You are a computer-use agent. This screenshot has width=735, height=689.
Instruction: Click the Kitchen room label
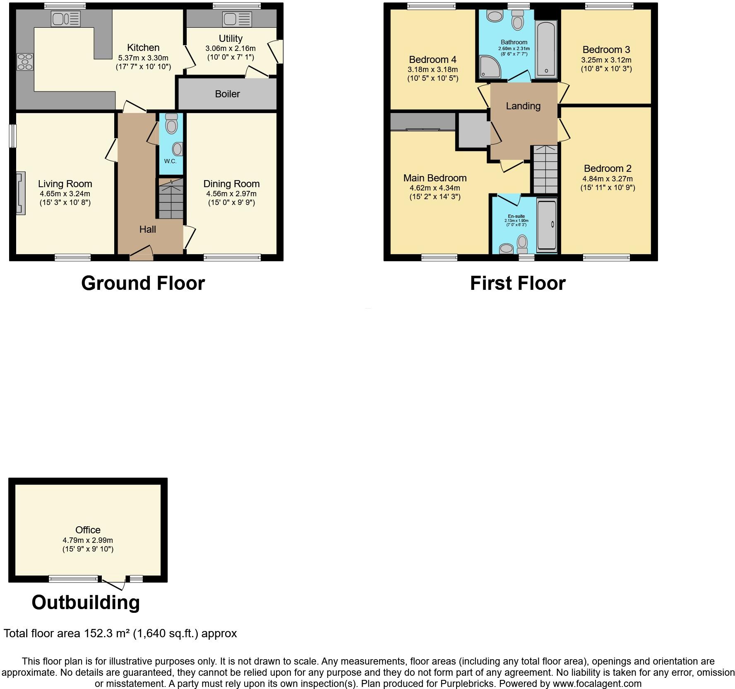pyautogui.click(x=143, y=48)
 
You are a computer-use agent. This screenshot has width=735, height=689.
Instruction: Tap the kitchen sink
pyautogui.click(x=65, y=19)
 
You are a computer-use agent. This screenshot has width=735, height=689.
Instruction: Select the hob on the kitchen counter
pyautogui.click(x=25, y=62)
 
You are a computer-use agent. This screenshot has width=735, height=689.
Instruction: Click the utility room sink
pyautogui.click(x=237, y=19)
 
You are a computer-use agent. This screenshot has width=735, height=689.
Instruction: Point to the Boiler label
pyautogui.click(x=227, y=94)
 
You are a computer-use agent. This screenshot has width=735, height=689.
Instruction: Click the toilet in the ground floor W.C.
pyautogui.click(x=171, y=123)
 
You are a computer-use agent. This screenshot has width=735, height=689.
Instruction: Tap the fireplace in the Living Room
pyautogui.click(x=20, y=193)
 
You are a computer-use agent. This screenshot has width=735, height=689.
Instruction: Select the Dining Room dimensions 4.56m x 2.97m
pyautogui.click(x=231, y=194)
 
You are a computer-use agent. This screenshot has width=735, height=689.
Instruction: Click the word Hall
pyautogui.click(x=147, y=229)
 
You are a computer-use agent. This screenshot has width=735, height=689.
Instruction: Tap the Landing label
pyautogui.click(x=523, y=106)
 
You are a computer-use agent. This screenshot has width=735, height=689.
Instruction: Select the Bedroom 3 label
pyautogui.click(x=606, y=50)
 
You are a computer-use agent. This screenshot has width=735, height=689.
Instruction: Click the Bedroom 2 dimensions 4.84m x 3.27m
pyautogui.click(x=608, y=179)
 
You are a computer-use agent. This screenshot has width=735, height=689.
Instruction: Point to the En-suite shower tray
pyautogui.click(x=547, y=224)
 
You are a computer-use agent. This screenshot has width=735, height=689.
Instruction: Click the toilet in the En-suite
pyautogui.click(x=523, y=244)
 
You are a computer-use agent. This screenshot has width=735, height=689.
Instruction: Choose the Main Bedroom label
pyautogui.click(x=435, y=178)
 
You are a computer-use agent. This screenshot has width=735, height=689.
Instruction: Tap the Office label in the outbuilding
pyautogui.click(x=88, y=530)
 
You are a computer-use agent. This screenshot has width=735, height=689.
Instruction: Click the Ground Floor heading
pyautogui.click(x=143, y=283)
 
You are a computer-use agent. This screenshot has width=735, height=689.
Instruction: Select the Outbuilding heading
pyautogui.click(x=86, y=602)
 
